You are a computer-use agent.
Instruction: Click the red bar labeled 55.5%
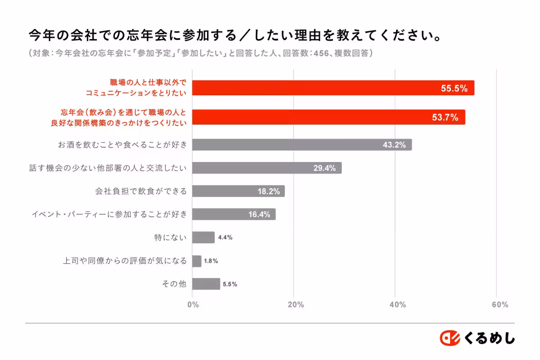point(333,88)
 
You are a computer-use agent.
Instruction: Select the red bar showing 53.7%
point(328,117)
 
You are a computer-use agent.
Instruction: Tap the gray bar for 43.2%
point(301,145)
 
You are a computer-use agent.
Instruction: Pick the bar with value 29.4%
point(266,168)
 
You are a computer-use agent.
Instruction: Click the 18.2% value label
point(269,191)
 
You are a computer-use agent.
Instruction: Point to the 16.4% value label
point(259,215)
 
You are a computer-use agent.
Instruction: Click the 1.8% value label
point(211,261)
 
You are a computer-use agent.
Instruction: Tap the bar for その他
point(206,284)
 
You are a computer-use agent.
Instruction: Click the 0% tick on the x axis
point(193,305)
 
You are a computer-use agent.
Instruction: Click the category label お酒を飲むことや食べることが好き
point(122,145)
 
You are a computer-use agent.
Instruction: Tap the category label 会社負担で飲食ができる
point(141,191)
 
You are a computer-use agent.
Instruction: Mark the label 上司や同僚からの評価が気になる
point(125,261)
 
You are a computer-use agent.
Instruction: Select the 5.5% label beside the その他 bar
point(230,284)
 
